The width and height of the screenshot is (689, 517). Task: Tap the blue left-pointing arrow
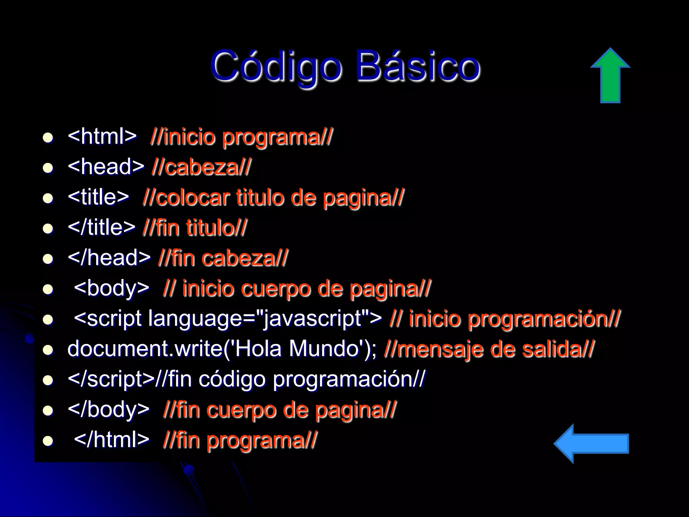point(591,444)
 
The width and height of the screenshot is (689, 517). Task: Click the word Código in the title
point(276,66)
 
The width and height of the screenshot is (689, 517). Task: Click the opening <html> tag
point(102,136)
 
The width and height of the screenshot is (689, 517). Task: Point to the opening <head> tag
point(106,167)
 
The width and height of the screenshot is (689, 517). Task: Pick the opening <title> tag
point(98,197)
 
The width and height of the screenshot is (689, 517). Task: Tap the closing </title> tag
point(101,227)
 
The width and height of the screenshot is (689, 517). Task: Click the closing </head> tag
point(109,258)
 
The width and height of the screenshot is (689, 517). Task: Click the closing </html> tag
point(111,440)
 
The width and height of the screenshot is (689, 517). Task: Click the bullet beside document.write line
point(48,350)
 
